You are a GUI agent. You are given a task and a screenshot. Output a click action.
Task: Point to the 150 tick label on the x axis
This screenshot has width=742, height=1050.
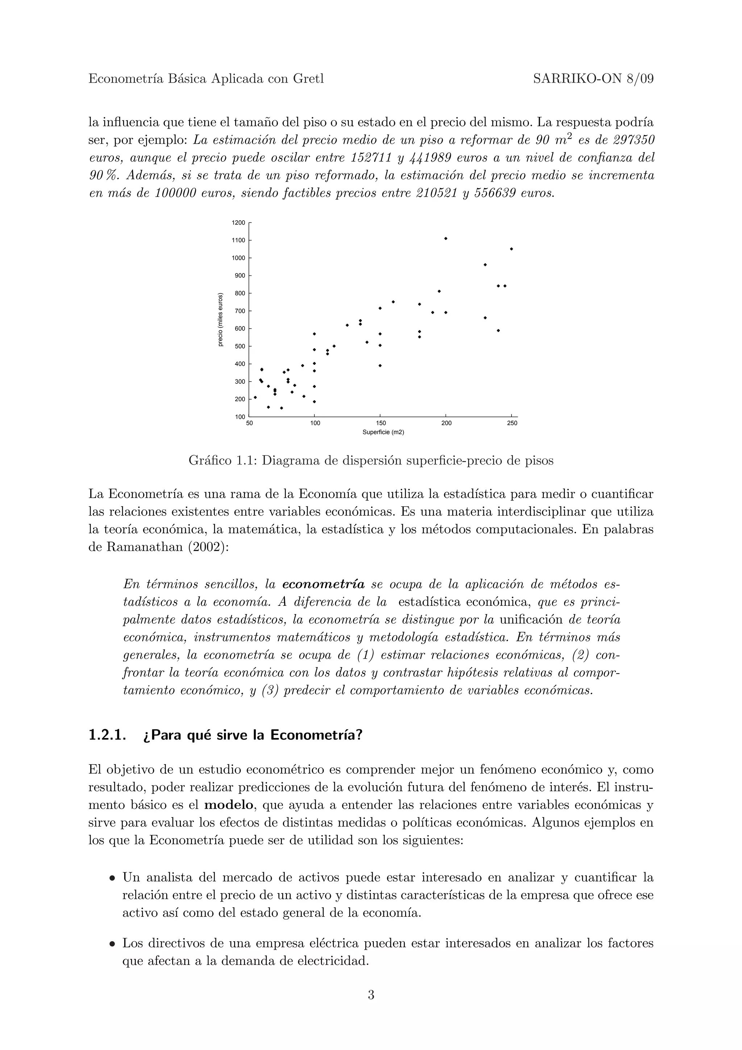click(x=380, y=423)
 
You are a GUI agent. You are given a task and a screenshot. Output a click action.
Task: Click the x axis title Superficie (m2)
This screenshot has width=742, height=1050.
click(x=383, y=432)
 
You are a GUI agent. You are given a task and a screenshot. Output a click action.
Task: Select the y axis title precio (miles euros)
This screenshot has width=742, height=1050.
click(x=220, y=319)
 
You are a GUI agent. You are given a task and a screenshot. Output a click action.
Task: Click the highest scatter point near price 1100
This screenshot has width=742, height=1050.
click(x=446, y=238)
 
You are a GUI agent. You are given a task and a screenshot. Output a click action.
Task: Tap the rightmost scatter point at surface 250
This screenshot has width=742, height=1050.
click(x=512, y=249)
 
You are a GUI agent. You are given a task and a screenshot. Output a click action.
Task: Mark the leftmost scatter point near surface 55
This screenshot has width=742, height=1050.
click(x=255, y=397)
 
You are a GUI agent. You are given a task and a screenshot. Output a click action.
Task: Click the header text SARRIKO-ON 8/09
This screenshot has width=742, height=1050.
click(x=593, y=79)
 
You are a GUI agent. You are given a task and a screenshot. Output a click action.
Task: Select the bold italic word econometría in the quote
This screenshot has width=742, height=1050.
click(x=323, y=584)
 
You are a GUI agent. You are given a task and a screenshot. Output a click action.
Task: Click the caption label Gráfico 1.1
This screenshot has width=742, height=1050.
click(x=223, y=461)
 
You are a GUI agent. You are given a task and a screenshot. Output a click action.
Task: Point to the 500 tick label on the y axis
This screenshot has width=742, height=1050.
click(x=239, y=346)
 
